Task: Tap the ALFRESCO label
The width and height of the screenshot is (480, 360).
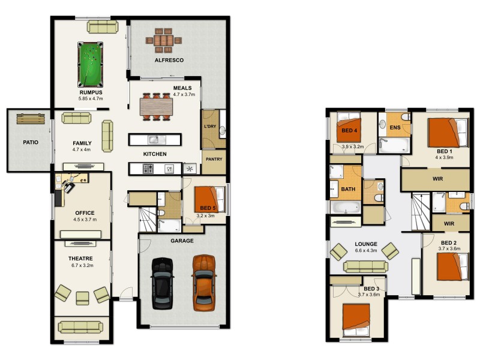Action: (169, 61)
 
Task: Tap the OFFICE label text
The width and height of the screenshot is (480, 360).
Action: (85, 213)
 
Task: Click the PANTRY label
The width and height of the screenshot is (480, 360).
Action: (214, 160)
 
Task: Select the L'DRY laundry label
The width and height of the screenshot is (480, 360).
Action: (209, 127)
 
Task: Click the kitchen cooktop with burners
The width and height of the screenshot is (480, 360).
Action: (148, 169)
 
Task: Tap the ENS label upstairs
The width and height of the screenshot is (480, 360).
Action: (395, 127)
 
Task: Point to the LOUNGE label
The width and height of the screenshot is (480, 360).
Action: (365, 244)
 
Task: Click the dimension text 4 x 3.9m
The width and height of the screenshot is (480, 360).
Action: (444, 158)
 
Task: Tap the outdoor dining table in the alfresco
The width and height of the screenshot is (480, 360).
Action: (163, 41)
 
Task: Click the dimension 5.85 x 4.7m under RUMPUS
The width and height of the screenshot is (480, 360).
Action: (91, 98)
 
